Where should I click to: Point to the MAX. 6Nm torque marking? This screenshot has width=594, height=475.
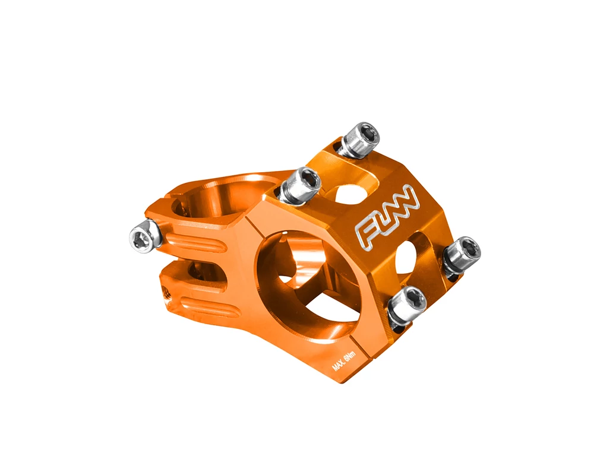344,362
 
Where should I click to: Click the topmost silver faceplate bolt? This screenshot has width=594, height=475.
359,140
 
